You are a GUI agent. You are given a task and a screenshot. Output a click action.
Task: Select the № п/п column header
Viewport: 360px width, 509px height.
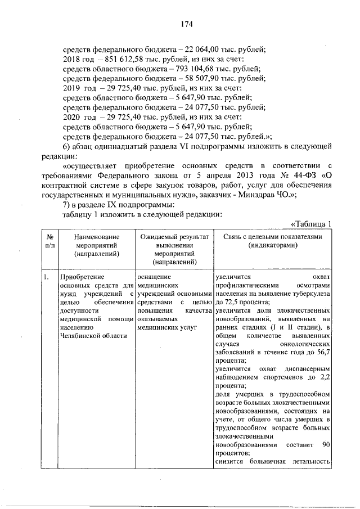[x=49, y=242]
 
